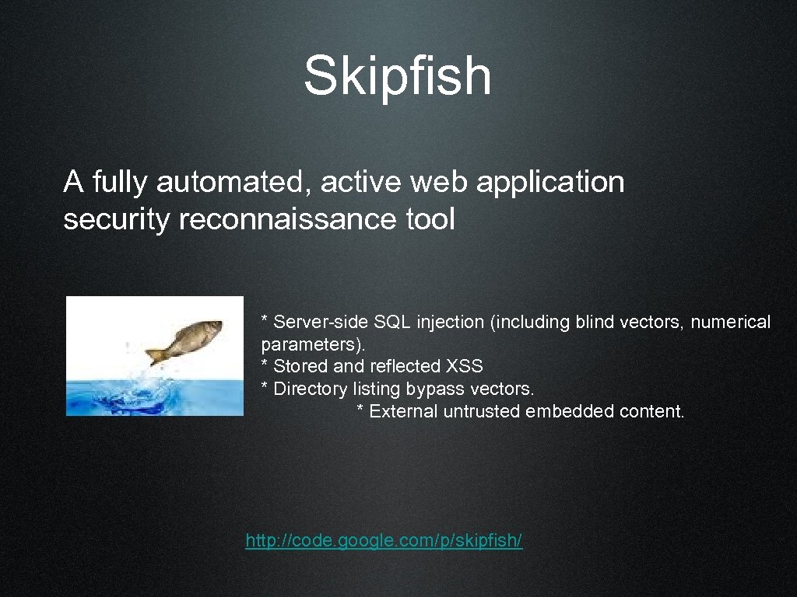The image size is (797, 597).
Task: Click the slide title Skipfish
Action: [397, 76]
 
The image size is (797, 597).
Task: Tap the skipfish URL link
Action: [384, 540]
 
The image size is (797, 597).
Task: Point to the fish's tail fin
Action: [155, 354]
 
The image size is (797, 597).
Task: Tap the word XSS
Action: [465, 366]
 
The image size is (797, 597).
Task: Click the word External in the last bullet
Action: [404, 411]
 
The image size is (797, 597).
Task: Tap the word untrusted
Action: [483, 411]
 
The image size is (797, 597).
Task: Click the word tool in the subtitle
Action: [430, 220]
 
